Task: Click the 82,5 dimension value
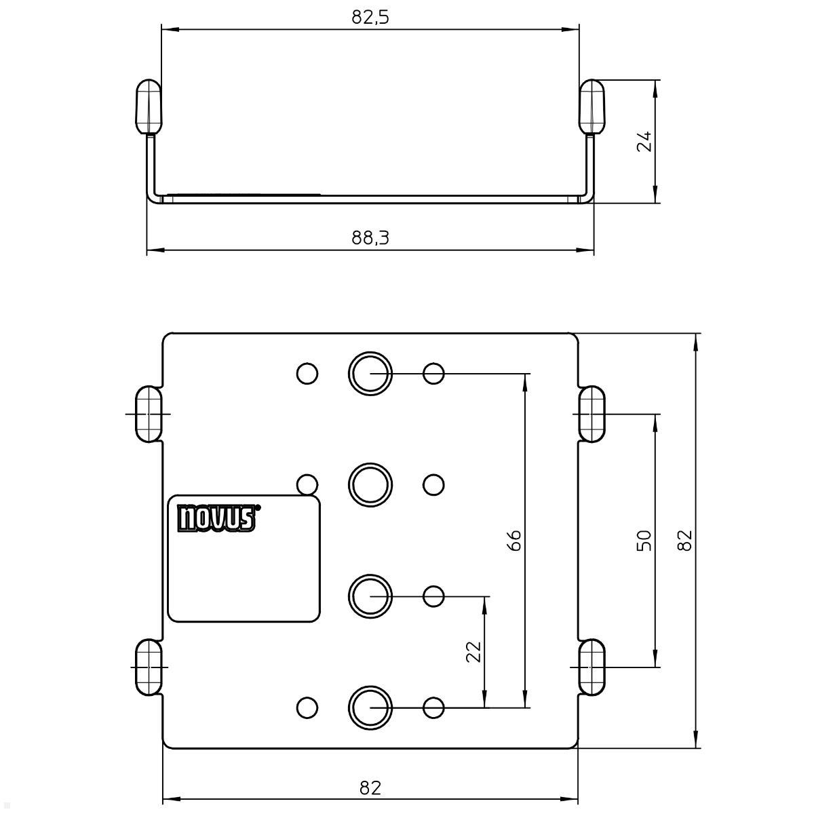[x=370, y=18]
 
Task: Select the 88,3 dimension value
[x=370, y=238]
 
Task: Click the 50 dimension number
[x=644, y=540]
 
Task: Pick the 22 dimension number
[x=474, y=651]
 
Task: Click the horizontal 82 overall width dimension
[x=370, y=788]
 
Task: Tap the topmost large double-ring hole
[x=370, y=373]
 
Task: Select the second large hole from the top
[x=370, y=484]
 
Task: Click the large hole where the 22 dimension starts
[x=370, y=596]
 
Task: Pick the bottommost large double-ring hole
[x=370, y=708]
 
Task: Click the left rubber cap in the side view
[x=149, y=106]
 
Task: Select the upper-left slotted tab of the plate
[x=149, y=414]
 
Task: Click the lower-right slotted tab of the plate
[x=592, y=667]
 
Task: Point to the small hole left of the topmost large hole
[x=307, y=373]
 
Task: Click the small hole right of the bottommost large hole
[x=433, y=708]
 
